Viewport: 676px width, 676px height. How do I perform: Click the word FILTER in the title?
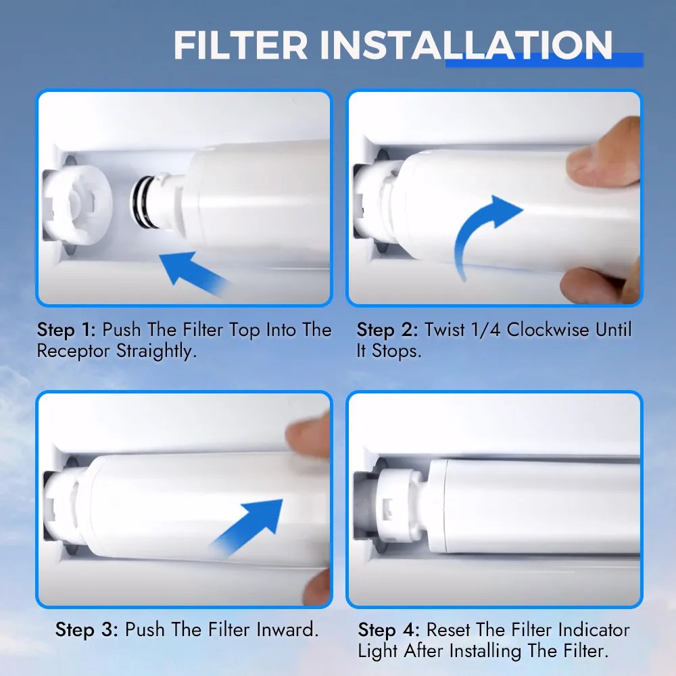click(241, 45)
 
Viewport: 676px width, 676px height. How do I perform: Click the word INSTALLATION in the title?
click(466, 45)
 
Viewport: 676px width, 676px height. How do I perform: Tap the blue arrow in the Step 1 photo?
click(193, 273)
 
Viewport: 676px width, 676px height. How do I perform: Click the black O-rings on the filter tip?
click(142, 201)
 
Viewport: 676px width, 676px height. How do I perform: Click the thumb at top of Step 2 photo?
click(604, 153)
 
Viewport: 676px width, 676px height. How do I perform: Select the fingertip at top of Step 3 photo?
click(308, 434)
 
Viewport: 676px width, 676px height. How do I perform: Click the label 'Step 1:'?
click(66, 330)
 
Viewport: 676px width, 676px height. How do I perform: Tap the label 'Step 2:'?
click(387, 330)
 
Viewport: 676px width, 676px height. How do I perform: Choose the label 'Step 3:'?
click(87, 630)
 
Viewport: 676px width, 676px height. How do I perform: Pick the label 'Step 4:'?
click(389, 630)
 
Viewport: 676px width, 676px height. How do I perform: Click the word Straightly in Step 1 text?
click(155, 352)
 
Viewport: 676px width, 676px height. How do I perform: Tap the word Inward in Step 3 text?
click(287, 630)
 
